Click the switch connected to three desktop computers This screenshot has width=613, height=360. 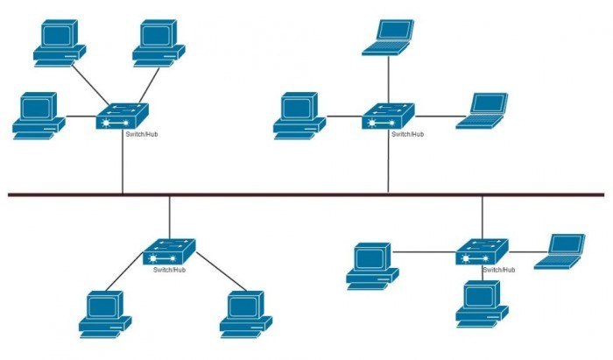pyautogui.click(x=123, y=116)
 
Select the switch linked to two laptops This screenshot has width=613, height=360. pyautogui.click(x=388, y=116)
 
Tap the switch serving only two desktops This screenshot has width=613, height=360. pyautogui.click(x=169, y=252)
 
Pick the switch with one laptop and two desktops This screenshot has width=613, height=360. pyautogui.click(x=482, y=252)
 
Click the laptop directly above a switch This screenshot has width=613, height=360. pyautogui.click(x=387, y=35)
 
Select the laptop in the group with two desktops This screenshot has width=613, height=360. pyautogui.click(x=560, y=249)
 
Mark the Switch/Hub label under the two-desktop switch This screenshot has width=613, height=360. pyautogui.click(x=169, y=270)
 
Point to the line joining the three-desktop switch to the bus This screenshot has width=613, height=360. pyautogui.click(x=123, y=162)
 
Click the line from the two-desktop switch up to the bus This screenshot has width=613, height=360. pyautogui.click(x=169, y=216)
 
